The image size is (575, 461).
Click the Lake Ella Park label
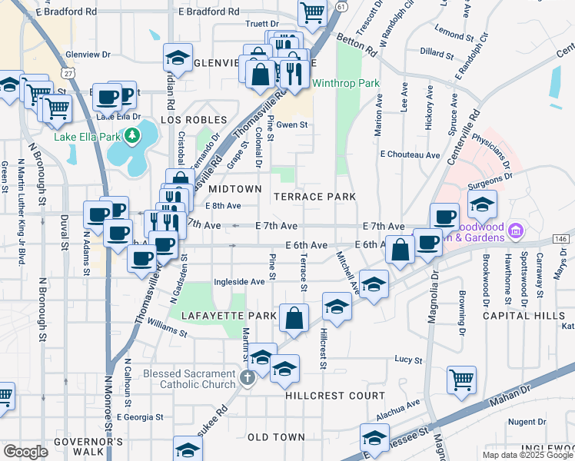87,138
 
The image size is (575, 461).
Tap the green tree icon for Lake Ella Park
133,135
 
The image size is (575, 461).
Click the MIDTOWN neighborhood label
235,189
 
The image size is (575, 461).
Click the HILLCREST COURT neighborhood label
335,396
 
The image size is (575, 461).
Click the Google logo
25,452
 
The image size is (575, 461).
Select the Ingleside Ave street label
239,282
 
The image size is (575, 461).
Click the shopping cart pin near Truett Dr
312,12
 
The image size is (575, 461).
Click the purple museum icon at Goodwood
516,230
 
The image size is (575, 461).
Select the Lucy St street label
408,360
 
